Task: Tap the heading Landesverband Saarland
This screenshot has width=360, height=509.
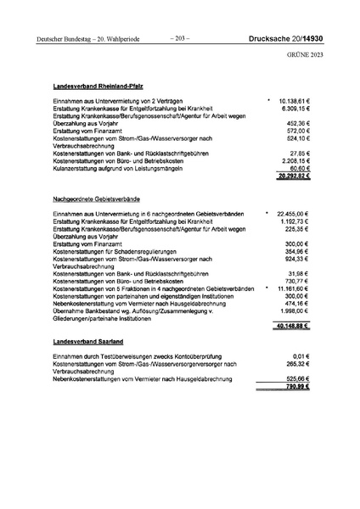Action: (89, 340)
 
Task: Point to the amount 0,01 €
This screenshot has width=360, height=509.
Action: (303, 356)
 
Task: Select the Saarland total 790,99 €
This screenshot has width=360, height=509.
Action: (296, 387)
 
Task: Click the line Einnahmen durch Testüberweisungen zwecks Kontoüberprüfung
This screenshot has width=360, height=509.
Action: (144, 356)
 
